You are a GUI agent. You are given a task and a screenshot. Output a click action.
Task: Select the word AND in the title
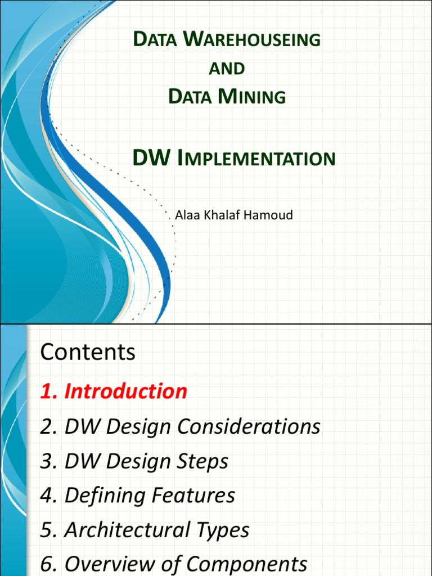click(x=227, y=69)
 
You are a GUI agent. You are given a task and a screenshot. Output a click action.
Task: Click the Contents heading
click(x=88, y=352)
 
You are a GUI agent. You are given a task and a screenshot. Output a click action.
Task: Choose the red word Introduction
click(x=125, y=391)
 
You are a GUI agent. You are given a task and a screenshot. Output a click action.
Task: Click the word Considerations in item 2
click(x=249, y=426)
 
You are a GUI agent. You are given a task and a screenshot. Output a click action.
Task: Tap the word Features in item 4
click(x=190, y=496)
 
